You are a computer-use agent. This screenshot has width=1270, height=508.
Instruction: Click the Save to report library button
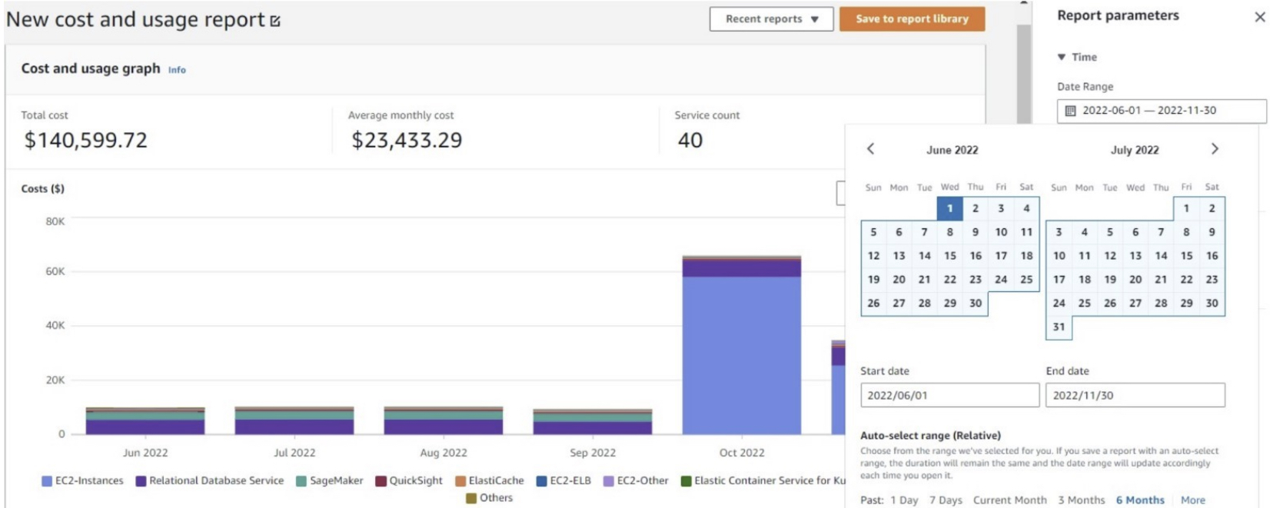coord(912,19)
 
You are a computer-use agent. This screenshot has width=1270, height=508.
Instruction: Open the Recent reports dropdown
coord(771,19)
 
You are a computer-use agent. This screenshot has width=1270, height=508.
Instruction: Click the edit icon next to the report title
coord(275,22)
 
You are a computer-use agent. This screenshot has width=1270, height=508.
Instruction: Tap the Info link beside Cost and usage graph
coord(177,70)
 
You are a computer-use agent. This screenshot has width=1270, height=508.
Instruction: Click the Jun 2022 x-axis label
coord(145,453)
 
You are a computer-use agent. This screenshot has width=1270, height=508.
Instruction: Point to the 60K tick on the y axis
coord(55,271)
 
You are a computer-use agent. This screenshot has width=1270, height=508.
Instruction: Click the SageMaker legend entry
coord(330,481)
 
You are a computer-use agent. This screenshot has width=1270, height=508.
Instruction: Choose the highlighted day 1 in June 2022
coord(949,208)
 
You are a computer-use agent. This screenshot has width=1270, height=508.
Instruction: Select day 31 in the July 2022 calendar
coord(1059,327)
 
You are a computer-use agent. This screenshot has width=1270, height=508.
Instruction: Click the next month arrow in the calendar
coord(1215,149)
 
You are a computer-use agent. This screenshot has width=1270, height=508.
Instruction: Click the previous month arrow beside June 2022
coord(870,149)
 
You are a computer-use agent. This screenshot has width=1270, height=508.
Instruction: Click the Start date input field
coord(949,395)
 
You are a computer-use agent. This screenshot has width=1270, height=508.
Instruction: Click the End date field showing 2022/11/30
coord(1135,395)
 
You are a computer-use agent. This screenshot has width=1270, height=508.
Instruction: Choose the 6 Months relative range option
coord(1140,500)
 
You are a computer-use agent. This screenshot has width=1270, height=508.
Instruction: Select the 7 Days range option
coord(946,500)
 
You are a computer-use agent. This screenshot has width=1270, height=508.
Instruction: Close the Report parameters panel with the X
coord(1259,17)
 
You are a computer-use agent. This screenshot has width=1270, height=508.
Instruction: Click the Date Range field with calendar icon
coord(1161,111)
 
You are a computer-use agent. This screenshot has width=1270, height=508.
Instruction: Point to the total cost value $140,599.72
coord(85,141)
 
